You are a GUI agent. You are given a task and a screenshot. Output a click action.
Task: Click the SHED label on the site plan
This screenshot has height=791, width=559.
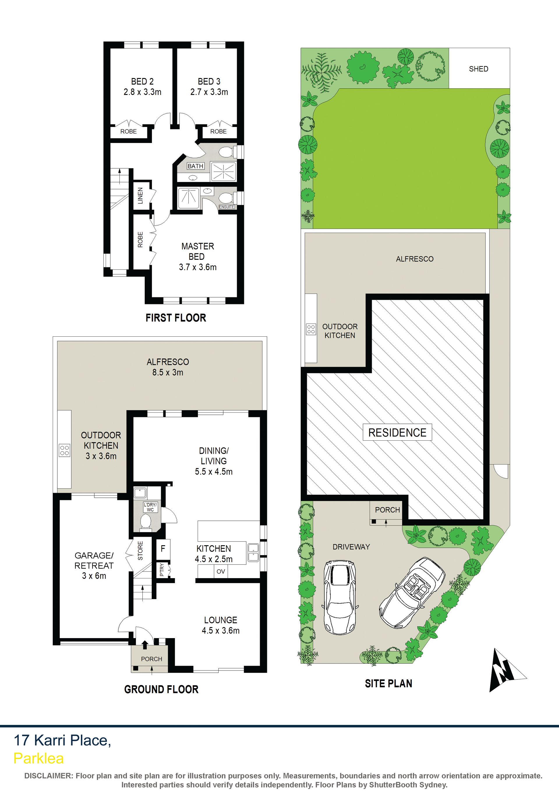pos(478,69)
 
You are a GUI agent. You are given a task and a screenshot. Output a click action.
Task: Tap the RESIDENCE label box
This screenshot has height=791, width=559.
pos(397,432)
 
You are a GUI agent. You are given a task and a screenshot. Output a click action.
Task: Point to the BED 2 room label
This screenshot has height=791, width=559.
pos(142,82)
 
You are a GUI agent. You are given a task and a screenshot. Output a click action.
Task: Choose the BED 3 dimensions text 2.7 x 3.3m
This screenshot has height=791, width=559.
pos(209,92)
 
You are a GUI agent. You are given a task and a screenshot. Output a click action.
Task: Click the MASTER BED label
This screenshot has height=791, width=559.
pos(198,252)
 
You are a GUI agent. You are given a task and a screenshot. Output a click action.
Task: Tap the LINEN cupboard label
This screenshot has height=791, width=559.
pos(140,196)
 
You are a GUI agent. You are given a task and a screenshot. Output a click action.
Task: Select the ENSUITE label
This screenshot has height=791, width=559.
pos(227,207)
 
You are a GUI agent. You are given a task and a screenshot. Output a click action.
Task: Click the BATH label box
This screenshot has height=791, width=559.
pos(195,166)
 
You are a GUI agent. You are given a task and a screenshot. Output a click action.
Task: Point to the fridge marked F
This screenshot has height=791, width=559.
pos(163,548)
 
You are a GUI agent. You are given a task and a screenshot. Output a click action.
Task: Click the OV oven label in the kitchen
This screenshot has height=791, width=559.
pos(221,571)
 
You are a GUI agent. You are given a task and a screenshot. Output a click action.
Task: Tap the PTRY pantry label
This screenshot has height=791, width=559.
pos(162,571)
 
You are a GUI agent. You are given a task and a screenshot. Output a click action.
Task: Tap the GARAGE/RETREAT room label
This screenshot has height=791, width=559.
pos(94,561)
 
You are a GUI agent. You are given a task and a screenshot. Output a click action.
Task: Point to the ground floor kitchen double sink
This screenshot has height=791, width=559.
pos(253,553)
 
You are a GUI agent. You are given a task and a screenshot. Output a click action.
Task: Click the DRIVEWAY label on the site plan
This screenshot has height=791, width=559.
pos(351,547)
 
